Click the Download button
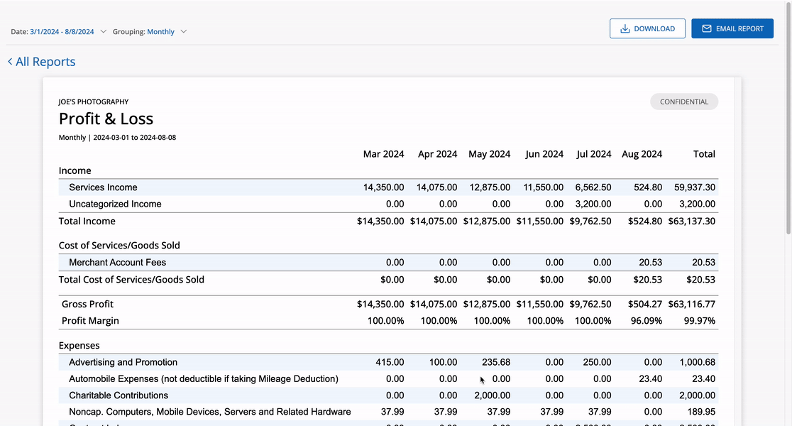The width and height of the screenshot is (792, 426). pyautogui.click(x=647, y=28)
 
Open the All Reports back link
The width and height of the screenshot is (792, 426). pyautogui.click(x=42, y=62)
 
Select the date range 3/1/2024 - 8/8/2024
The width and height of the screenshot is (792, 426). pyautogui.click(x=62, y=31)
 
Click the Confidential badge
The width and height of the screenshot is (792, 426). pyautogui.click(x=683, y=102)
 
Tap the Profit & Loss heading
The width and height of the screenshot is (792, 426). pyautogui.click(x=106, y=119)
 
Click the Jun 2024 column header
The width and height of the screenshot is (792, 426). pyautogui.click(x=544, y=154)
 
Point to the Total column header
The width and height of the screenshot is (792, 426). pyautogui.click(x=704, y=154)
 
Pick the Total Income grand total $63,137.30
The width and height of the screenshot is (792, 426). pyautogui.click(x=691, y=221)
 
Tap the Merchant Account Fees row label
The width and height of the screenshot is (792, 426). pyautogui.click(x=117, y=263)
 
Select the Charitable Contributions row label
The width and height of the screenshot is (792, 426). pyautogui.click(x=119, y=395)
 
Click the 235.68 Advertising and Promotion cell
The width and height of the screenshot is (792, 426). pyautogui.click(x=495, y=362)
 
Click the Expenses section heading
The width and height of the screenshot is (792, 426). pyautogui.click(x=79, y=346)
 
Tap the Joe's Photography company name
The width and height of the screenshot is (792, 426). pyautogui.click(x=94, y=102)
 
